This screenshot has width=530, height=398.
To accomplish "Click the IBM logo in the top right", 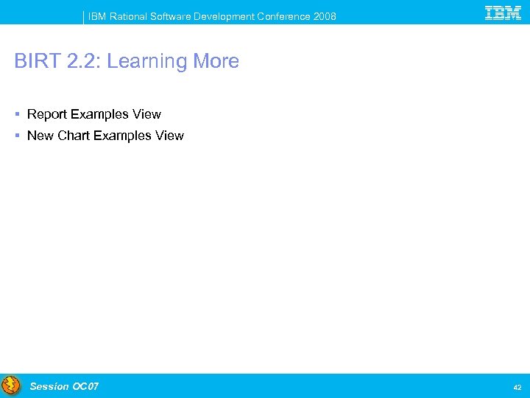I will coord(504,13).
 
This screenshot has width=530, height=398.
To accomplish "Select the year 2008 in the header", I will coord(324,16).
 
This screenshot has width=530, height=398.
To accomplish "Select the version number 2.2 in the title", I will coord(79,61).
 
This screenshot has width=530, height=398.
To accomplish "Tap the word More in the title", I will coord(216,61).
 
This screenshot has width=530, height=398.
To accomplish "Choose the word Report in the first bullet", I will coord(47,114).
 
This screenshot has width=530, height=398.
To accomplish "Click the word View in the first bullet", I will coord(146,114).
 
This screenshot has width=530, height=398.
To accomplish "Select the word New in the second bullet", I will coord(40,136).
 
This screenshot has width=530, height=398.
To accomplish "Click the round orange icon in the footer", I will coord(11,386).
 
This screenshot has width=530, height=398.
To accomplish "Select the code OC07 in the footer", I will coord(85,386).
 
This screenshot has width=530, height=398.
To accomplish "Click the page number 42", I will coord(517,387).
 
